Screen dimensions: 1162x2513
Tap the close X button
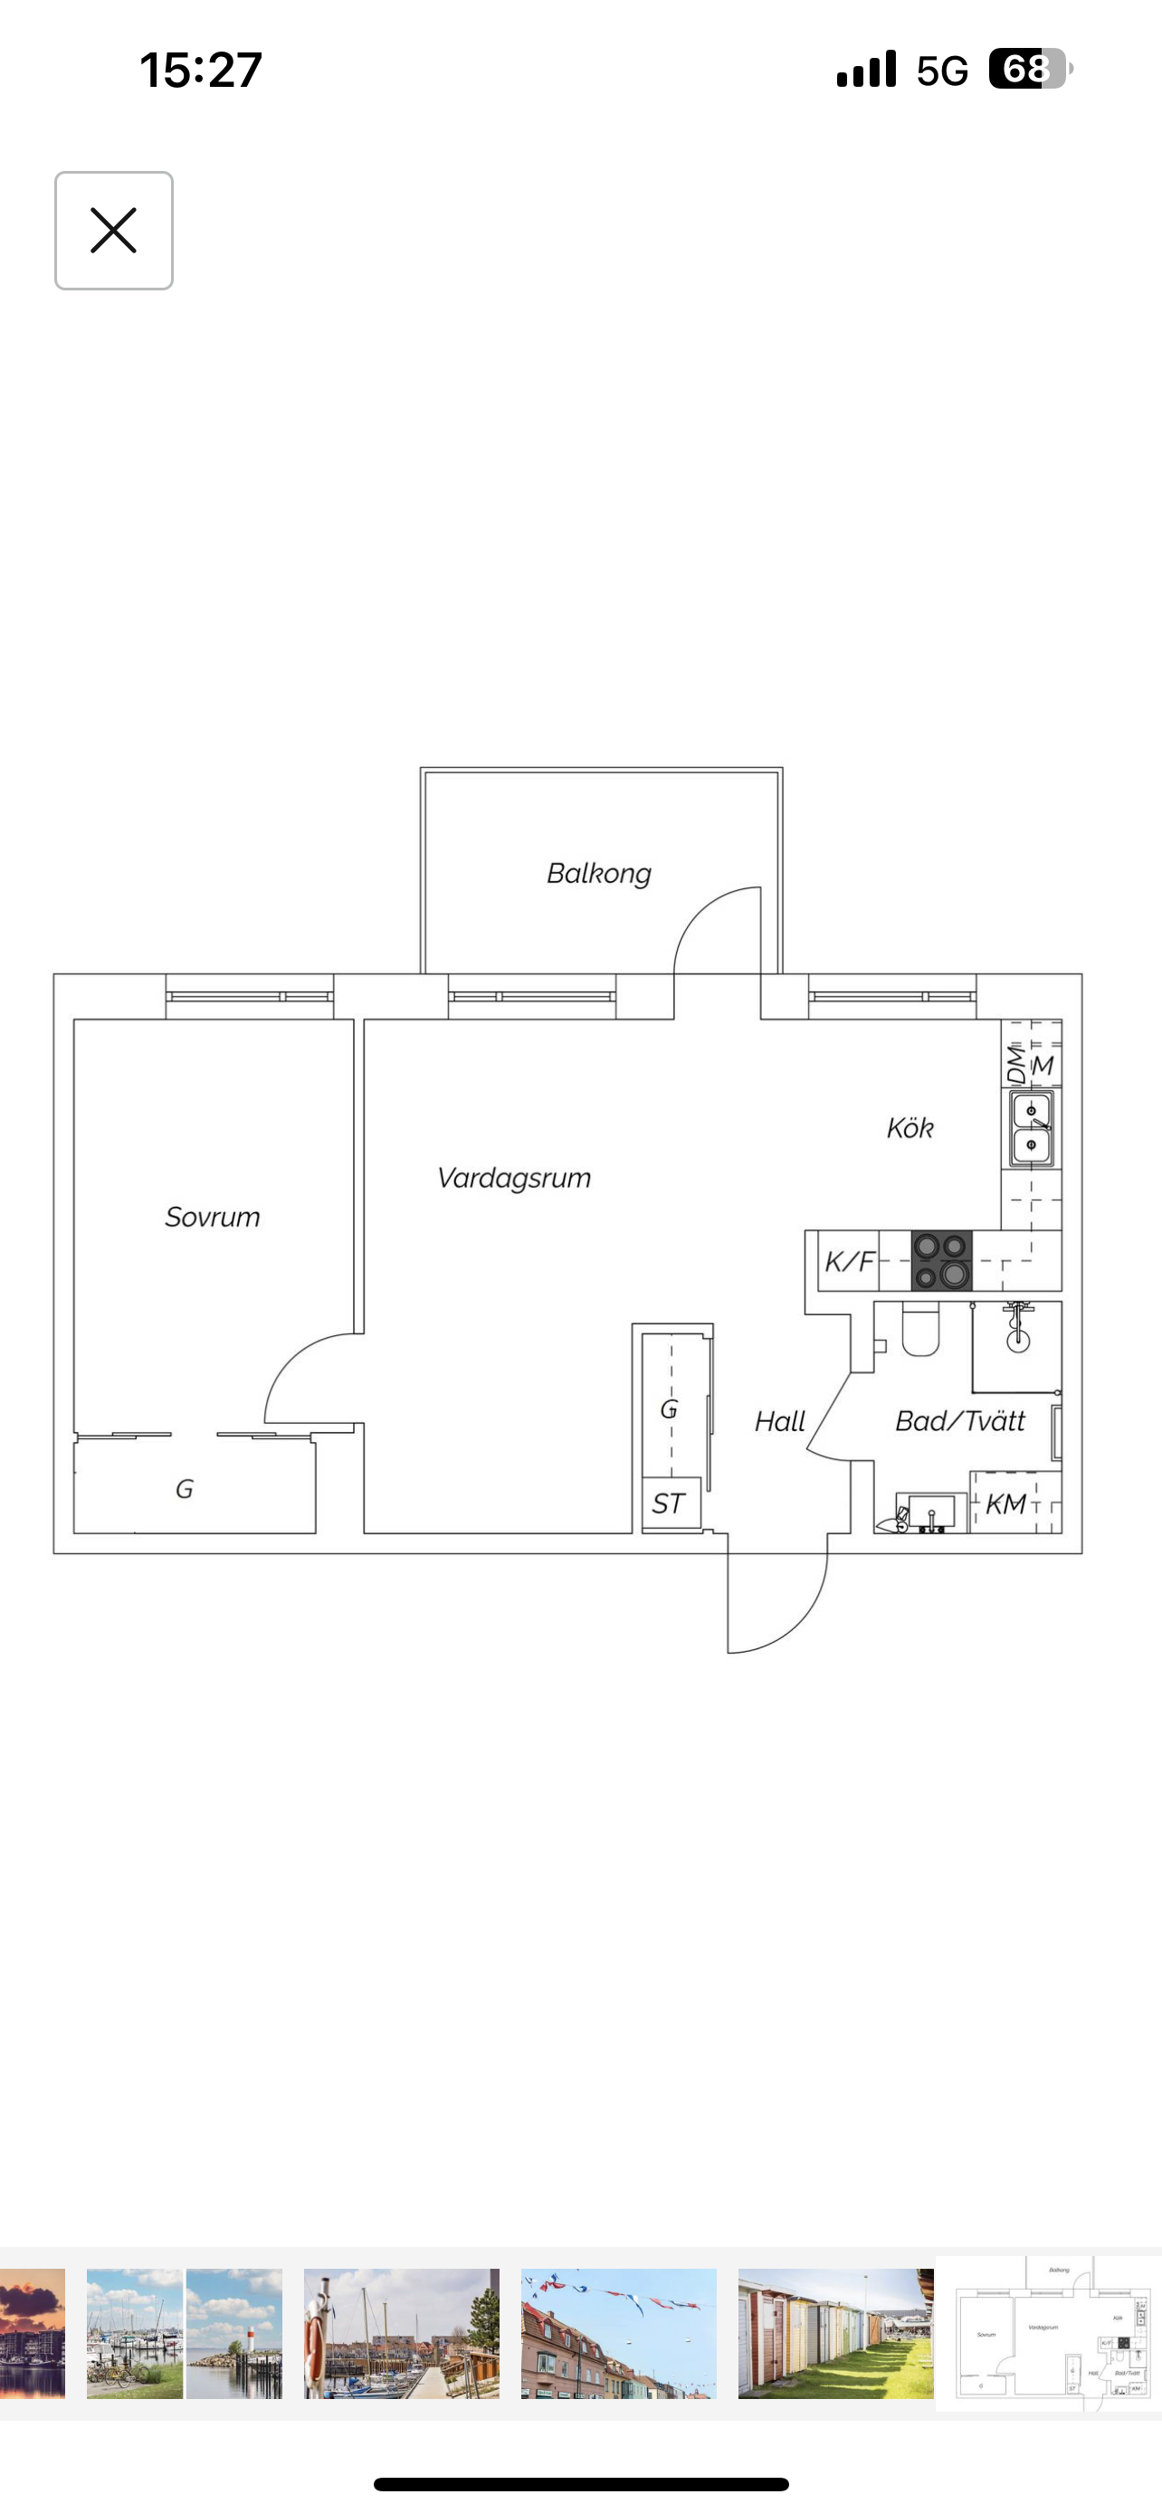[113, 231]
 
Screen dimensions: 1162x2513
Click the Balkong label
[598, 873]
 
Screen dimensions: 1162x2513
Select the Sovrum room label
[213, 1217]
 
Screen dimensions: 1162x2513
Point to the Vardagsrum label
[514, 1179]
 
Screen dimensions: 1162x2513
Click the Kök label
[910, 1128]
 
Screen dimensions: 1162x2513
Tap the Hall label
[779, 1421]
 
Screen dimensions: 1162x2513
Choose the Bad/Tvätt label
[960, 1420]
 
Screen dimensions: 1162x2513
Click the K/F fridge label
[849, 1261]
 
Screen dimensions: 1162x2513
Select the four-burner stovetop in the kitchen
[941, 1260]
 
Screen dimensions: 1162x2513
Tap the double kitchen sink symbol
[1032, 1129]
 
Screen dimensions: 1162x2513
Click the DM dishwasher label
[1016, 1065]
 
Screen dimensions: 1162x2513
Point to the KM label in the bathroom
[1006, 1503]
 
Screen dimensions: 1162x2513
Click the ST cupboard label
[668, 1503]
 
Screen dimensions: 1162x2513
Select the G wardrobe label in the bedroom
[185, 1489]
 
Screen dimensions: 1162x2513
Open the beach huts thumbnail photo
[835, 2334]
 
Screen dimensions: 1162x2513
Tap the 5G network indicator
[942, 71]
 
